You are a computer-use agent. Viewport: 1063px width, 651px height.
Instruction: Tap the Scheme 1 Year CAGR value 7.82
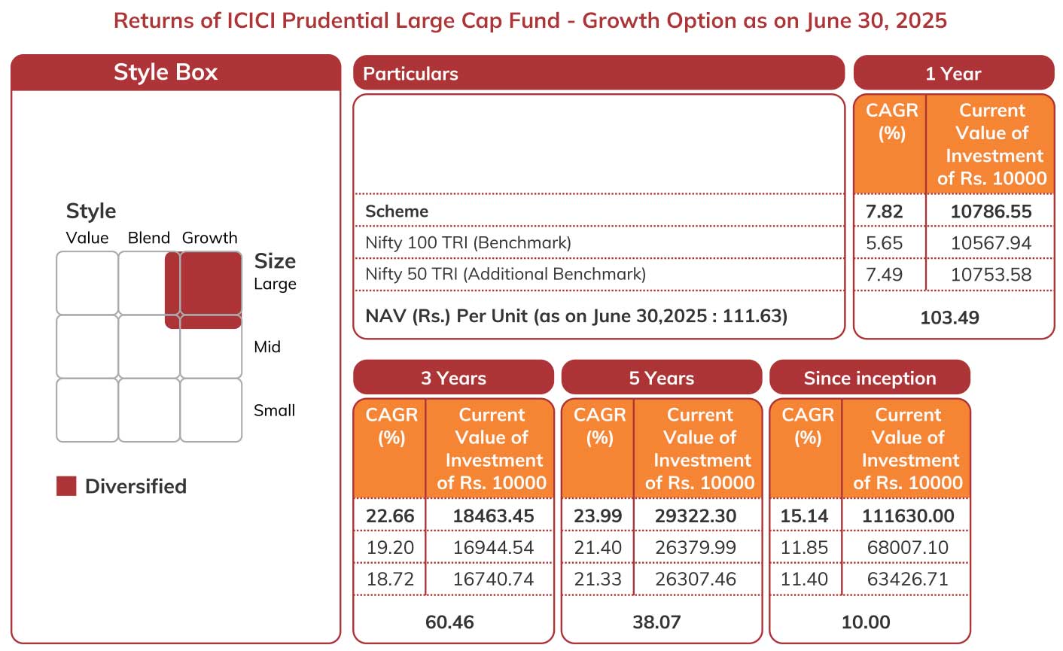click(x=884, y=211)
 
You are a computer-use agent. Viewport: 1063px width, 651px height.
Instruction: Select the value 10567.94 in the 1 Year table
click(x=991, y=243)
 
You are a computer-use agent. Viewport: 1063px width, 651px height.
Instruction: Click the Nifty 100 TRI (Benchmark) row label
click(x=468, y=243)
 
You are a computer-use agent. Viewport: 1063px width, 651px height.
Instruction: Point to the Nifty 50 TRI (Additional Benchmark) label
click(x=505, y=274)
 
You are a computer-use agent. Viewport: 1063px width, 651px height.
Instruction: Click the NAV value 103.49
click(x=949, y=318)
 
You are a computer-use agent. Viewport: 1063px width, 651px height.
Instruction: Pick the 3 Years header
click(x=454, y=378)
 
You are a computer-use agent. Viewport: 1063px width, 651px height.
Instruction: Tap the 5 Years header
click(x=662, y=378)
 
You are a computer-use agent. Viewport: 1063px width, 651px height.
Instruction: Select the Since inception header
click(x=870, y=378)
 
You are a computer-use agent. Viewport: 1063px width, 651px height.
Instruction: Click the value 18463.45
click(x=494, y=516)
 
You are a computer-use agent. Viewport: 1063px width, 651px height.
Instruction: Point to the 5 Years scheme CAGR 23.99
click(x=598, y=516)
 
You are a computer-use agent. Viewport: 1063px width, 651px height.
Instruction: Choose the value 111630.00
click(x=908, y=516)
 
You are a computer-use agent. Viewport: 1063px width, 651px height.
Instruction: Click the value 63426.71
click(x=907, y=579)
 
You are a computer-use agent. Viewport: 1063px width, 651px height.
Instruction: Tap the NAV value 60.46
click(x=449, y=622)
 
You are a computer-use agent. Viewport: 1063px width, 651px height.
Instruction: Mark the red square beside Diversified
click(x=66, y=486)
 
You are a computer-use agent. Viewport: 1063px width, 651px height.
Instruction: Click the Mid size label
click(x=267, y=347)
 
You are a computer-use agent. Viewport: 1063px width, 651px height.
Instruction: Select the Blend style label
click(x=148, y=238)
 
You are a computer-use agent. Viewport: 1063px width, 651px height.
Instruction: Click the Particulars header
click(x=410, y=74)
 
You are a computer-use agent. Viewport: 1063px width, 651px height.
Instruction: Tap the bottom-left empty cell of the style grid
click(x=87, y=410)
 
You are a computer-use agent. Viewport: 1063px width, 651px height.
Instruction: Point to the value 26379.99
click(x=696, y=548)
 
